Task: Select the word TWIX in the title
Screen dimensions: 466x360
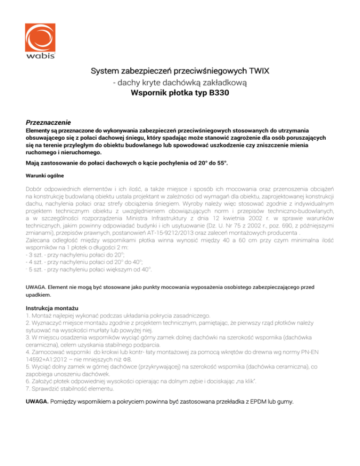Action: pyautogui.click(x=256, y=72)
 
